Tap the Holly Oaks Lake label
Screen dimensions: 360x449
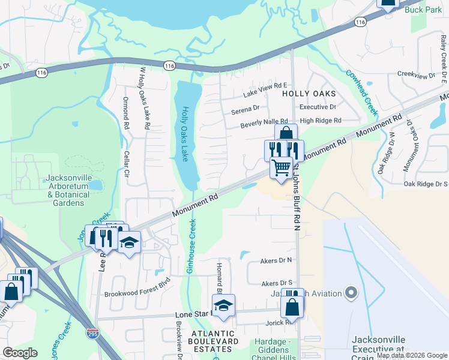point(186,134)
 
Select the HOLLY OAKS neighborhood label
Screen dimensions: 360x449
point(309,94)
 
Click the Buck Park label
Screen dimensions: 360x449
point(423,10)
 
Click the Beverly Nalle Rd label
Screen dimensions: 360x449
point(264,123)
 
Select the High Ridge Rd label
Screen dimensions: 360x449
point(321,121)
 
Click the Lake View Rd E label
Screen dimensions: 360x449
point(265,91)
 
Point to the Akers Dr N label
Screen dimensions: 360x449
point(276,260)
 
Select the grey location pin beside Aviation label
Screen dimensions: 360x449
point(352,293)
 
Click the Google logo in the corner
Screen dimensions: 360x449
point(20,353)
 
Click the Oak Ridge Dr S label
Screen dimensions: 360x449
point(426,184)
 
